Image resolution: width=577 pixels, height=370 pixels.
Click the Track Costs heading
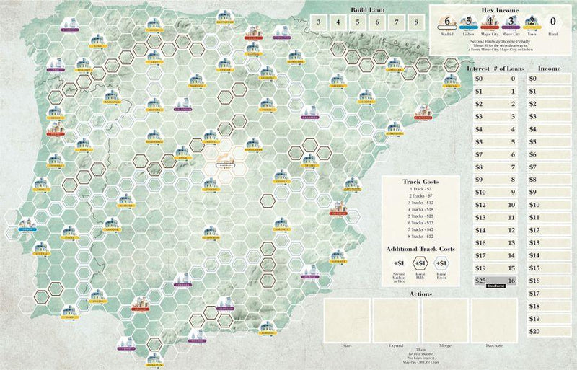coord(421,181)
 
